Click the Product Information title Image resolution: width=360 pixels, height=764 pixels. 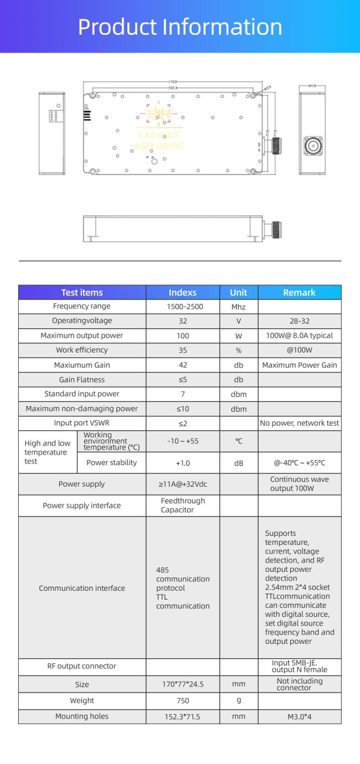click(180, 27)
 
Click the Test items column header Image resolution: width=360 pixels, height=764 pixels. click(82, 292)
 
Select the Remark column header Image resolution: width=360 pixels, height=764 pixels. click(299, 292)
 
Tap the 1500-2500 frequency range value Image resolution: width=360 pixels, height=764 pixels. click(183, 307)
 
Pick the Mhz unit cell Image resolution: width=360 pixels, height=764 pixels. click(239, 307)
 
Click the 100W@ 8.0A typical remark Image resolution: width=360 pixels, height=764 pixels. click(300, 335)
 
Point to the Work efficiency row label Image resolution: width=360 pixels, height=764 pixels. click(82, 350)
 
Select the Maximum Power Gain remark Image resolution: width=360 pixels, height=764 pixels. click(300, 365)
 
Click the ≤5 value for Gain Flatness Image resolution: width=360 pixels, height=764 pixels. click(183, 380)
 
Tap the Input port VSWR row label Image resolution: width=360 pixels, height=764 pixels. click(82, 423)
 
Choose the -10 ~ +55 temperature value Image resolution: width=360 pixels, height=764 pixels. click(183, 441)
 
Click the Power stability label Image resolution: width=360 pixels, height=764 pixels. click(111, 463)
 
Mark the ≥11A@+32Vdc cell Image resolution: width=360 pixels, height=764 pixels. click(183, 484)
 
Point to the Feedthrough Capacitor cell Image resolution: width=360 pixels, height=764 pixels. click(183, 505)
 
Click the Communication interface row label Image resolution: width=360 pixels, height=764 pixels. click(82, 588)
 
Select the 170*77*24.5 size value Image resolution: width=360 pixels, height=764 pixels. click(183, 684)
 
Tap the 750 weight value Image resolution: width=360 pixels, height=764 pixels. click(183, 701)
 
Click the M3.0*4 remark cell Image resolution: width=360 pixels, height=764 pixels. click(300, 716)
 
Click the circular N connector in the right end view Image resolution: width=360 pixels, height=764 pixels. click(313, 146)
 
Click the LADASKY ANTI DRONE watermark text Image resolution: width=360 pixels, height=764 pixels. click(160, 141)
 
